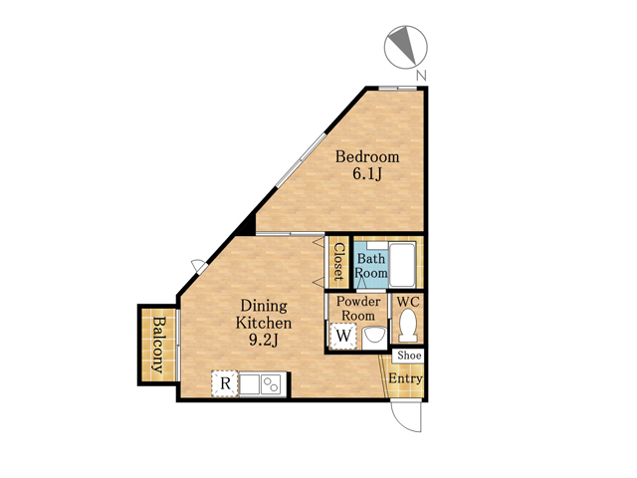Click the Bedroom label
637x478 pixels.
367,156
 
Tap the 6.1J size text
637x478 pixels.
367,174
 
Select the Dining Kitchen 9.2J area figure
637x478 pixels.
263,341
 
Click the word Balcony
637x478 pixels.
158,345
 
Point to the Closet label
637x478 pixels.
338,263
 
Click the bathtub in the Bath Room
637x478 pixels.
402,265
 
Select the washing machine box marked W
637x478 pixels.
343,337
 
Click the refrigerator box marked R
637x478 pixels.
225,383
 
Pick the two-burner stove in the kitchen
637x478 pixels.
271,384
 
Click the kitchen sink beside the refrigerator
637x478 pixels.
250,384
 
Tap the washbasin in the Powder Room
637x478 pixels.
374,338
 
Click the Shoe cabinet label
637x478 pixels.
409,356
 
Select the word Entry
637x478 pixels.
406,378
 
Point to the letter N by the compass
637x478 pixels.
422,76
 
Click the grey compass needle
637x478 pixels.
401,45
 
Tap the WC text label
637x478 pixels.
408,302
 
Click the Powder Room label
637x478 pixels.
358,309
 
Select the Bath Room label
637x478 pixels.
371,266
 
